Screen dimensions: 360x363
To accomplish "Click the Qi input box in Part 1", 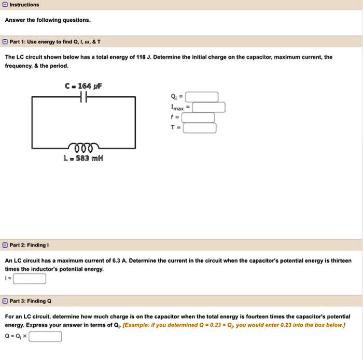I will pos(202,97).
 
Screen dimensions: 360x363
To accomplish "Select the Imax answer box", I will pos(209,107).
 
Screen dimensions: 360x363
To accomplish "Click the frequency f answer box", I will pos(198,118).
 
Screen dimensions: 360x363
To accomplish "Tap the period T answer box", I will pos(199,128).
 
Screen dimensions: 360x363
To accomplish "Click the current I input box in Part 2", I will pos(30,279).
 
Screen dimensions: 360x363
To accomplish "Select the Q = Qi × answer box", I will pos(45,337).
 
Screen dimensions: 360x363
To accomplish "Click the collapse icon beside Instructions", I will pos(4,5).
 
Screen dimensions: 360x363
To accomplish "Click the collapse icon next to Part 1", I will pos(4,41).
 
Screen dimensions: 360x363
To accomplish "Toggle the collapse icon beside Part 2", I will pos(4,244).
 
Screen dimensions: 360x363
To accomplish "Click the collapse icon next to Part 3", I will pos(4,301).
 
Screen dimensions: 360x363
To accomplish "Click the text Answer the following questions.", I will pos(48,20).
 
